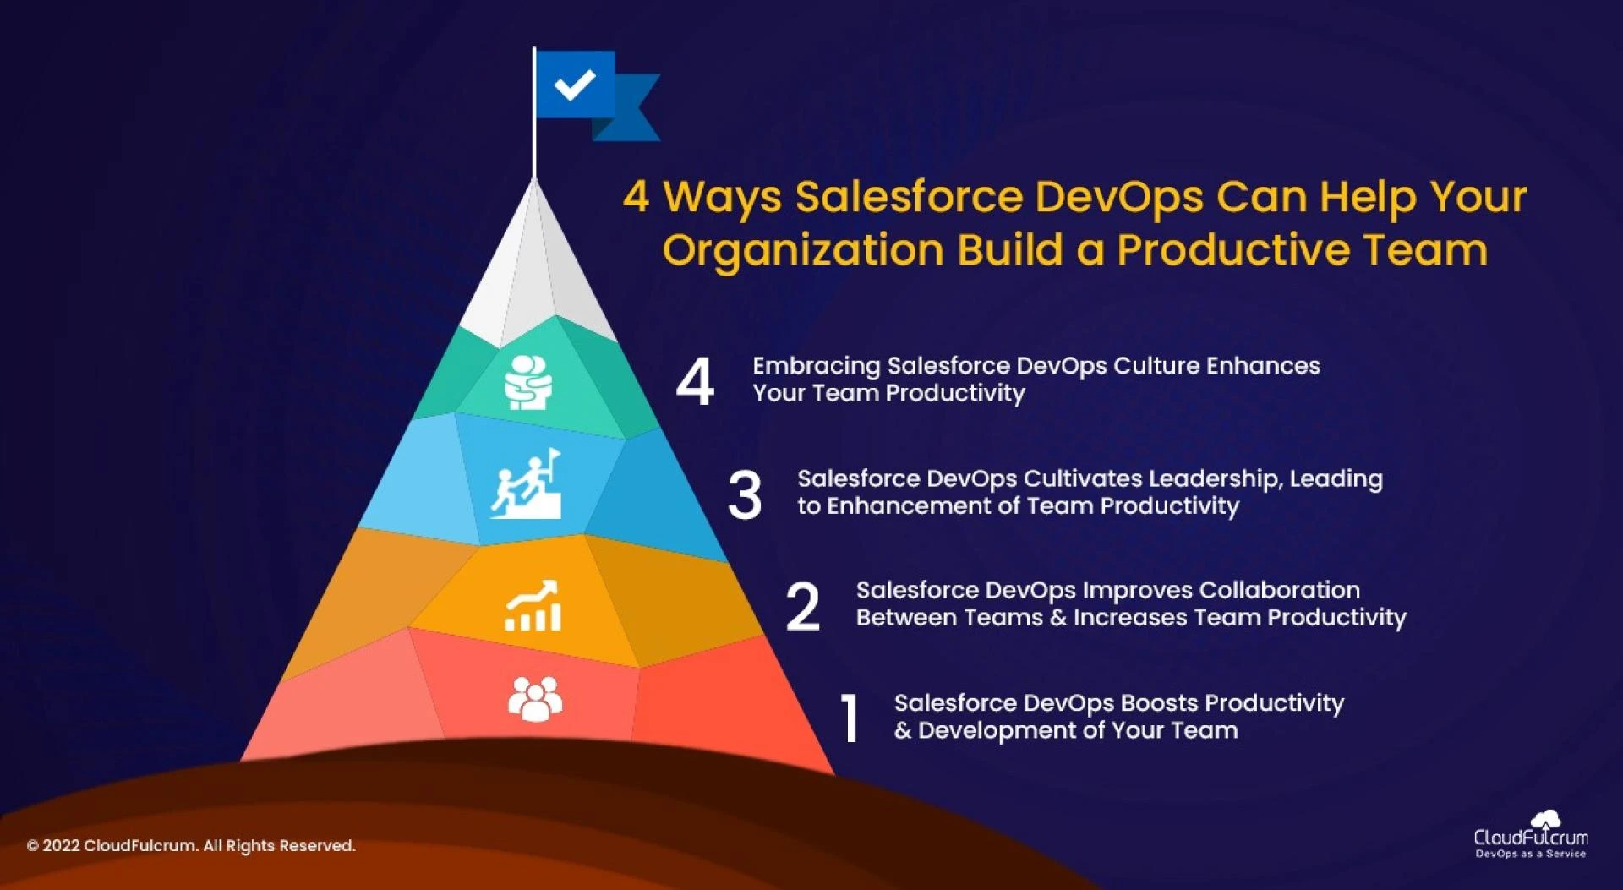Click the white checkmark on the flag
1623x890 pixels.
575,84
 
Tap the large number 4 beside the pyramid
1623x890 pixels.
695,381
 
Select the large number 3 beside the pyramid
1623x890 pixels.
744,494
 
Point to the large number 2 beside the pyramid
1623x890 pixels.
802,606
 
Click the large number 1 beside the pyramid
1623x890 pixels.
850,718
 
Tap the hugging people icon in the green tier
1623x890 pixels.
528,383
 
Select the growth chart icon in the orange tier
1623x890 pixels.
533,606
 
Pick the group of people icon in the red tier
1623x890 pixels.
534,699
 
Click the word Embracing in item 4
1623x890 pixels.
817,366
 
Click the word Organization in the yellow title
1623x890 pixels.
802,250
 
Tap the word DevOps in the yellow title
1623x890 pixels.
1118,197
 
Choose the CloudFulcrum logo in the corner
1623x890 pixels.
1531,835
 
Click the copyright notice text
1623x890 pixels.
191,845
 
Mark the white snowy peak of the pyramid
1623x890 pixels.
536,270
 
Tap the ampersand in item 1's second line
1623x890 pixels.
903,730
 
